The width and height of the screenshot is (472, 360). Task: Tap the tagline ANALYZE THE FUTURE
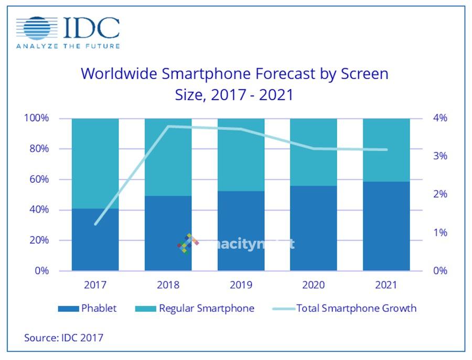point(68,46)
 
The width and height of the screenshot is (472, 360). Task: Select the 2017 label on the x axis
point(95,285)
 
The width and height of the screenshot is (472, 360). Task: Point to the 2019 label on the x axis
point(240,285)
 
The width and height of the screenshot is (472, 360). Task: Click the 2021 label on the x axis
point(386,285)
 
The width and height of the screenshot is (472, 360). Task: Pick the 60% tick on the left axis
point(39,179)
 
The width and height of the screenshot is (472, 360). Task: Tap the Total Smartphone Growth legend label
point(357,309)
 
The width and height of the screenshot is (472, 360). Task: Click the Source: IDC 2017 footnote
point(63,337)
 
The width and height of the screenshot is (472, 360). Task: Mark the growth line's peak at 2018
point(168,126)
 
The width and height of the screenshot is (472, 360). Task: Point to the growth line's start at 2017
point(95,225)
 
